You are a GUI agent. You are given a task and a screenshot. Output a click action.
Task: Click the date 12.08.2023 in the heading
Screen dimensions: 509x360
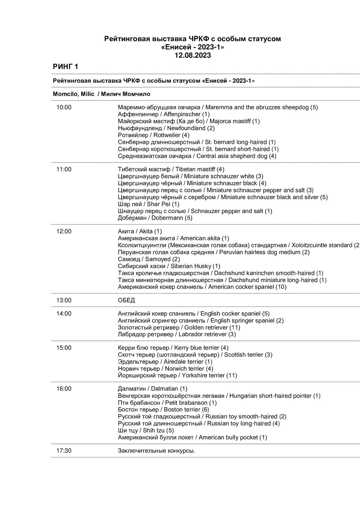[193, 55]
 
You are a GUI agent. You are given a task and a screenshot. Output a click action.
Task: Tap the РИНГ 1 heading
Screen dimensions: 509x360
[66, 67]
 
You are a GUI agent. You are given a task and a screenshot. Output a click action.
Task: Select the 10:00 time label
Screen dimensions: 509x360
[64, 107]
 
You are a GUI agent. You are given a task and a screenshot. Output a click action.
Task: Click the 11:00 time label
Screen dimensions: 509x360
[64, 169]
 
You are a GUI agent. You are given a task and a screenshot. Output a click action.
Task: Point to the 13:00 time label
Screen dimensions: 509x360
[64, 300]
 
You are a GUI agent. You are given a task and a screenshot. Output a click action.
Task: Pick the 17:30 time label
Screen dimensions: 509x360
[64, 451]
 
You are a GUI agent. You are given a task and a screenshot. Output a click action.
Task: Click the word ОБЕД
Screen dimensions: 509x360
[126, 300]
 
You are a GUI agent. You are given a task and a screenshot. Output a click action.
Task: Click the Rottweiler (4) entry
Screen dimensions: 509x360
[154, 135]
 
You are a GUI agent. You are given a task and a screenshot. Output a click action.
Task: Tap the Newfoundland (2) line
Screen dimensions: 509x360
[166, 128]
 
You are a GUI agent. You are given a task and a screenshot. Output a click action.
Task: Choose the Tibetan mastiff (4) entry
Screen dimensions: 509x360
[171, 169]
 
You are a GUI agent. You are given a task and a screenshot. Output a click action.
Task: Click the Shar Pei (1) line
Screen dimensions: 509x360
[148, 204]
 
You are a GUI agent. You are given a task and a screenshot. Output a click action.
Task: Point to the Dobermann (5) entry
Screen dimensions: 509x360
[155, 218]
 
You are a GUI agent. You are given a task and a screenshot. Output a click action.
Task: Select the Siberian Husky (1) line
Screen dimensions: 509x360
[169, 266]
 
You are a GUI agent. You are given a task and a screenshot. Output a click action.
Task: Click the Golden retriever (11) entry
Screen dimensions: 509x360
[179, 327]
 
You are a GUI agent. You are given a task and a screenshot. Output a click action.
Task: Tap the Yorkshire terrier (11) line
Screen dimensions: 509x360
[177, 375]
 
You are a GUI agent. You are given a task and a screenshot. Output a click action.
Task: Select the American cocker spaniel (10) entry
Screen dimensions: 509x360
[202, 287]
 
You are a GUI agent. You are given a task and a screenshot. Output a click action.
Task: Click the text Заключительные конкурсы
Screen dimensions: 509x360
[156, 451]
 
